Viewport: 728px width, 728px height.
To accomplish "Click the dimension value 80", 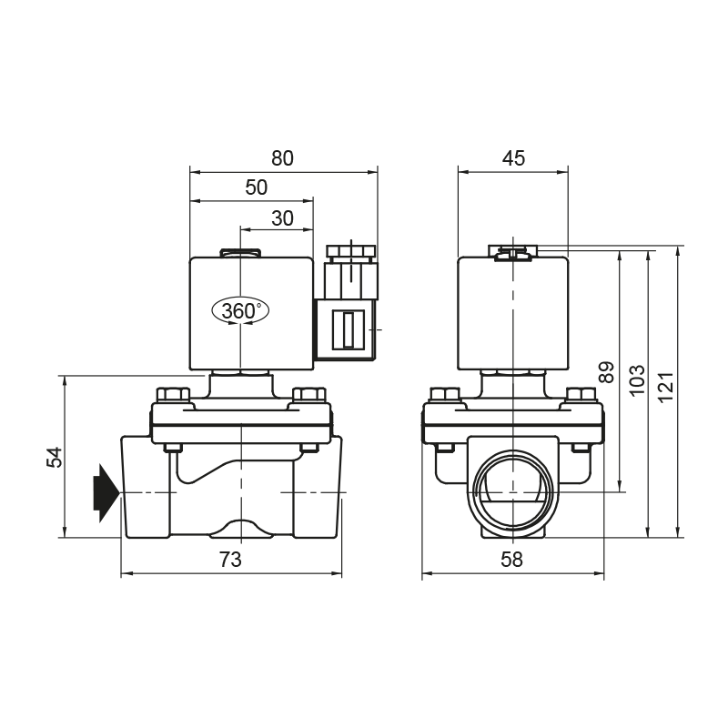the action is click(x=282, y=158).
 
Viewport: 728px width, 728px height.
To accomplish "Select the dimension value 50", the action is click(x=257, y=187).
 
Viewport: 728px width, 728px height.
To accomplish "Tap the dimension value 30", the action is click(x=282, y=218).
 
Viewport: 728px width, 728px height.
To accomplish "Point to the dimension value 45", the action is click(x=513, y=158).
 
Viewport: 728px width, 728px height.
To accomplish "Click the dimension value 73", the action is click(x=231, y=560).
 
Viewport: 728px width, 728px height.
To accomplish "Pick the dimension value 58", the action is click(x=511, y=560).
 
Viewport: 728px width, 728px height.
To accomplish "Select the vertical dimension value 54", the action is click(x=55, y=457).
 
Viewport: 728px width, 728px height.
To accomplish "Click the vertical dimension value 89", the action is click(x=606, y=372).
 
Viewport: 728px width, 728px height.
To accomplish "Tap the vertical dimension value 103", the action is click(x=636, y=380).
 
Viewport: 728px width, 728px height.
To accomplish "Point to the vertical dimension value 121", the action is click(x=666, y=388).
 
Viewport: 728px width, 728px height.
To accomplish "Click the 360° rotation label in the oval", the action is click(x=240, y=310).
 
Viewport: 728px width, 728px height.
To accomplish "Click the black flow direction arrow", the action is click(x=106, y=492).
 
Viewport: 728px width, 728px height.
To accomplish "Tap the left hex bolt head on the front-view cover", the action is click(x=173, y=395).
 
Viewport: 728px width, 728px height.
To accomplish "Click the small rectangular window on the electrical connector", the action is click(x=348, y=329).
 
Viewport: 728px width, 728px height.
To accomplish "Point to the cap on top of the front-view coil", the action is click(x=240, y=253).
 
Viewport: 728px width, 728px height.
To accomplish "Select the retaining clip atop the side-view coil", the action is click(x=512, y=253).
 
